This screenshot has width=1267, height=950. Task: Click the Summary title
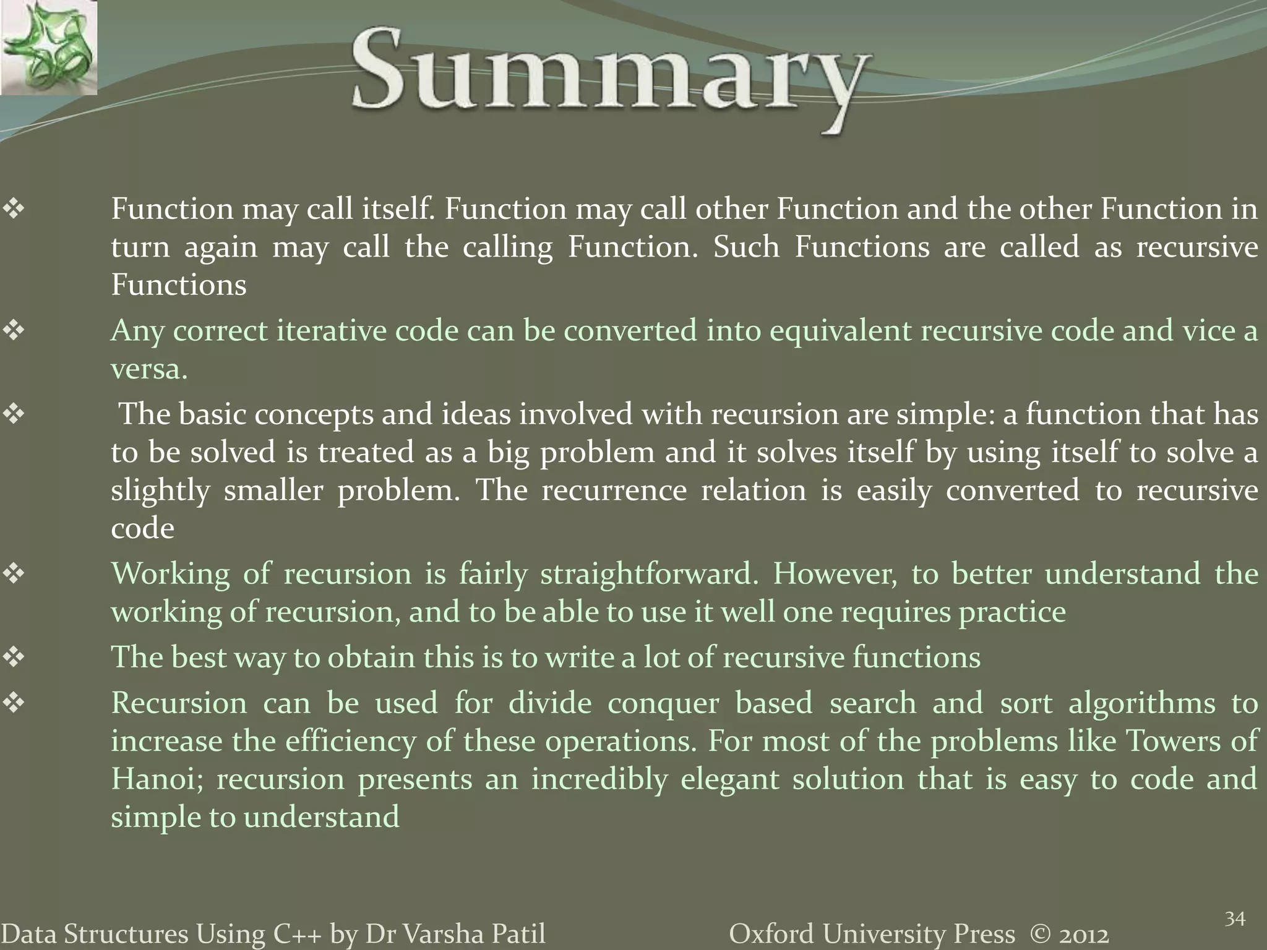(610, 77)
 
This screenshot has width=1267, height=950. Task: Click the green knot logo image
(48, 47)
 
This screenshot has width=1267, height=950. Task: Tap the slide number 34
(1235, 919)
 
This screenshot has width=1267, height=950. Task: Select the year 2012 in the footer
(1083, 934)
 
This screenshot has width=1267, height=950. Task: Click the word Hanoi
(157, 779)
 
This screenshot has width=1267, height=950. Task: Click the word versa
(148, 369)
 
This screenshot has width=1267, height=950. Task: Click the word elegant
(729, 779)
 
